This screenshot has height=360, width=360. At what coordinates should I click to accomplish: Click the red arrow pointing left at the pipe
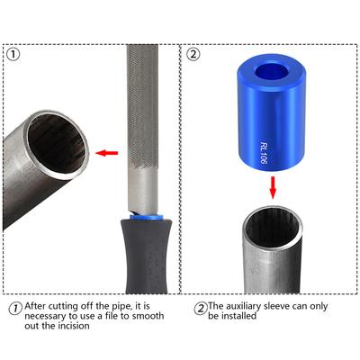(107, 153)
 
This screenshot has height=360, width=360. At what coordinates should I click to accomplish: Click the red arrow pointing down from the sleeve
(273, 187)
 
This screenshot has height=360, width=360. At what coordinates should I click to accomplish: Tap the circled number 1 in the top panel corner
(13, 55)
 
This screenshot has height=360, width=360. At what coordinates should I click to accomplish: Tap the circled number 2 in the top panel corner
(193, 54)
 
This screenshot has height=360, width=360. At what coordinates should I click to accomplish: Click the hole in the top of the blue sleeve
(272, 71)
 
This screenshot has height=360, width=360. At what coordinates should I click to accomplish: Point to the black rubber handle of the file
(147, 256)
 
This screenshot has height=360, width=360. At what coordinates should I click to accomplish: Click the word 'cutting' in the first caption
(62, 307)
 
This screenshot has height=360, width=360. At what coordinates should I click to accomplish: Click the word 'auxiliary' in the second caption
(243, 306)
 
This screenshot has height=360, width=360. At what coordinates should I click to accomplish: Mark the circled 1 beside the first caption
(15, 309)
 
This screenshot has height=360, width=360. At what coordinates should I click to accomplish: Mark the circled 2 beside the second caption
(201, 309)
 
